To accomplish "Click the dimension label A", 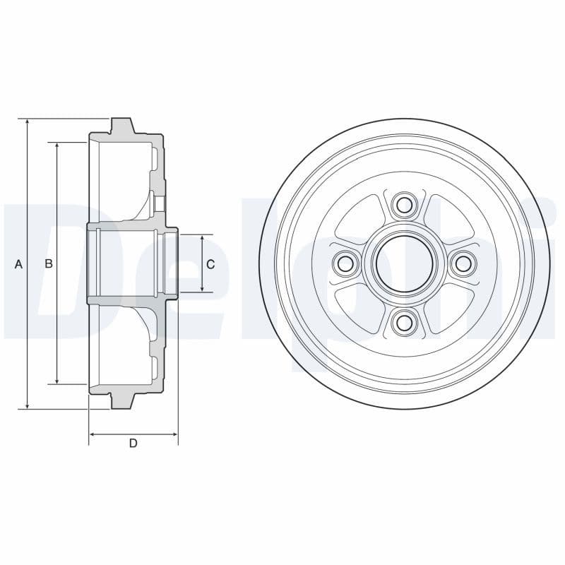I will tap(19, 264).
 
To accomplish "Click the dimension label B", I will tap(49, 264).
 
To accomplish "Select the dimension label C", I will tap(210, 264).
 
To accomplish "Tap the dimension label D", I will tap(133, 444).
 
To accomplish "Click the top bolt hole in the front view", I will tap(404, 206).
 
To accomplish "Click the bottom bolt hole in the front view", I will tap(404, 322).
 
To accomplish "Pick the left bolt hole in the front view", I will tap(345, 264).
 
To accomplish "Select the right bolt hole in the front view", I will tap(463, 264).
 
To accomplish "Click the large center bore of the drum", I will tap(404, 264).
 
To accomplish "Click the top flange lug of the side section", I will tap(122, 126).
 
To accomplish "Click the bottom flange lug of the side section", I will tap(122, 400).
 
